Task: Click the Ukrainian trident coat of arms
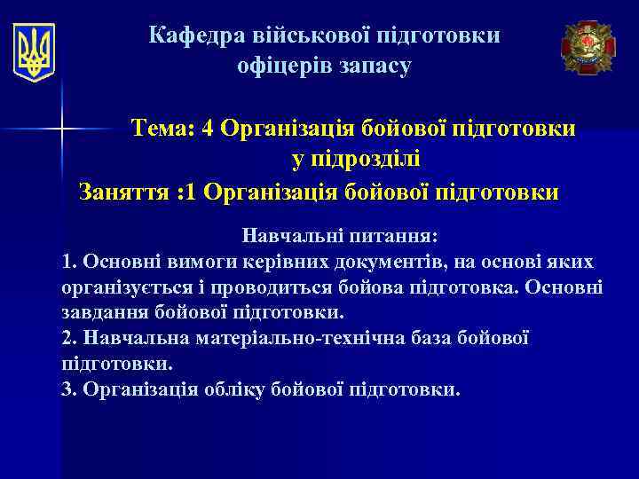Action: [x=35, y=51]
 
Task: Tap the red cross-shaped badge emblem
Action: [x=588, y=47]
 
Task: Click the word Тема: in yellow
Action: [x=163, y=130]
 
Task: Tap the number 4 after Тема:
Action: [x=208, y=130]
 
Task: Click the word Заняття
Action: [x=122, y=192]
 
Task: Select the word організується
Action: [x=124, y=288]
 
